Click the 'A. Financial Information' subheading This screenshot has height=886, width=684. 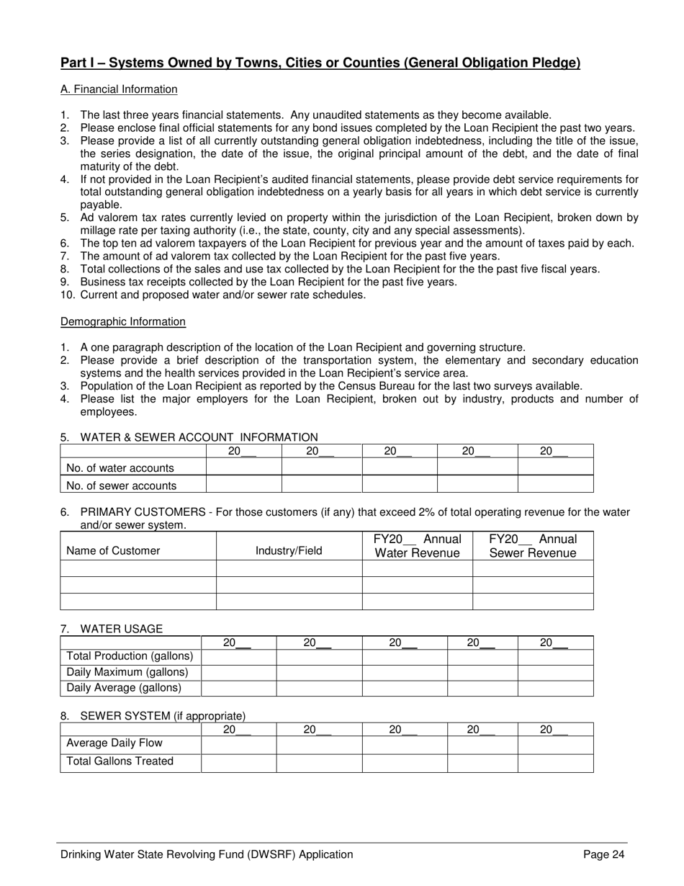coord(119,89)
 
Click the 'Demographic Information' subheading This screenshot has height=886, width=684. coord(123,321)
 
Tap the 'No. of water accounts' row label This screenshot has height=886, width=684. coord(120,468)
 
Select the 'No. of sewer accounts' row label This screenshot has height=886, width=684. coord(121,485)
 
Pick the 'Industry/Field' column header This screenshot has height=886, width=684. coord(289,551)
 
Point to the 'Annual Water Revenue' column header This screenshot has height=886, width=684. coord(417,546)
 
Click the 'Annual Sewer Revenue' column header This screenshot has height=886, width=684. coord(533,546)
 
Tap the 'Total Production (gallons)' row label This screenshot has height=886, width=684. coord(130,656)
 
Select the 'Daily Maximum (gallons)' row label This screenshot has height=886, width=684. coord(127,672)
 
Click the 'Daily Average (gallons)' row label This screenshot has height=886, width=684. coord(124,688)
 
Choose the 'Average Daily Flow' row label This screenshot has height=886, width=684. coord(114,743)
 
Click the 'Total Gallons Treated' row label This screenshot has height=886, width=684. coord(120,761)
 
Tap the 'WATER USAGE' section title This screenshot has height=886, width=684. coord(121,629)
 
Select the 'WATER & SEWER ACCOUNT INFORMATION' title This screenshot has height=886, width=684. coord(199,437)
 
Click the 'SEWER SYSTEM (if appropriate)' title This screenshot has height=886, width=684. coord(163,716)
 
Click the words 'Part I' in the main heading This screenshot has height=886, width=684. coord(77,63)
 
